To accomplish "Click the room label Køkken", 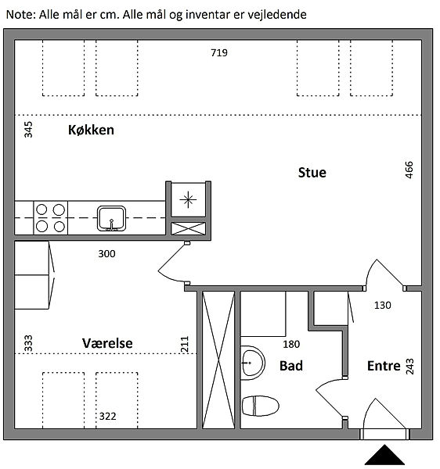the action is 91,130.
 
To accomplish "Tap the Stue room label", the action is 312,173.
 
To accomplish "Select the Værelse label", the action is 107,343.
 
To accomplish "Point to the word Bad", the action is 291,366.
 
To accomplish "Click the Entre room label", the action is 384,366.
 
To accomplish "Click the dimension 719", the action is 219,53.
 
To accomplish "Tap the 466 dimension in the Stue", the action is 409,170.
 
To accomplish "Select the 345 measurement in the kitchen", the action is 28,130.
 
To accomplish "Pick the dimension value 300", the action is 107,254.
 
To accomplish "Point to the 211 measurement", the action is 185,344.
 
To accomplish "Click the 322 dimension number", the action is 107,417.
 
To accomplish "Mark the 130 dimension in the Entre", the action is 383,306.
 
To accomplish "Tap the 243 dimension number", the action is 409,367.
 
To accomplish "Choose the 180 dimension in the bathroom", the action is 291,344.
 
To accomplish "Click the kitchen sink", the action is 111,218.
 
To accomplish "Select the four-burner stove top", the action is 51,218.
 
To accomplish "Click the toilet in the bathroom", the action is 260,406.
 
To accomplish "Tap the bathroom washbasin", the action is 253,363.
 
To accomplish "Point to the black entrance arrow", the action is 384,455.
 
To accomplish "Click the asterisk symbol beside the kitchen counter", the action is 188,199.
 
